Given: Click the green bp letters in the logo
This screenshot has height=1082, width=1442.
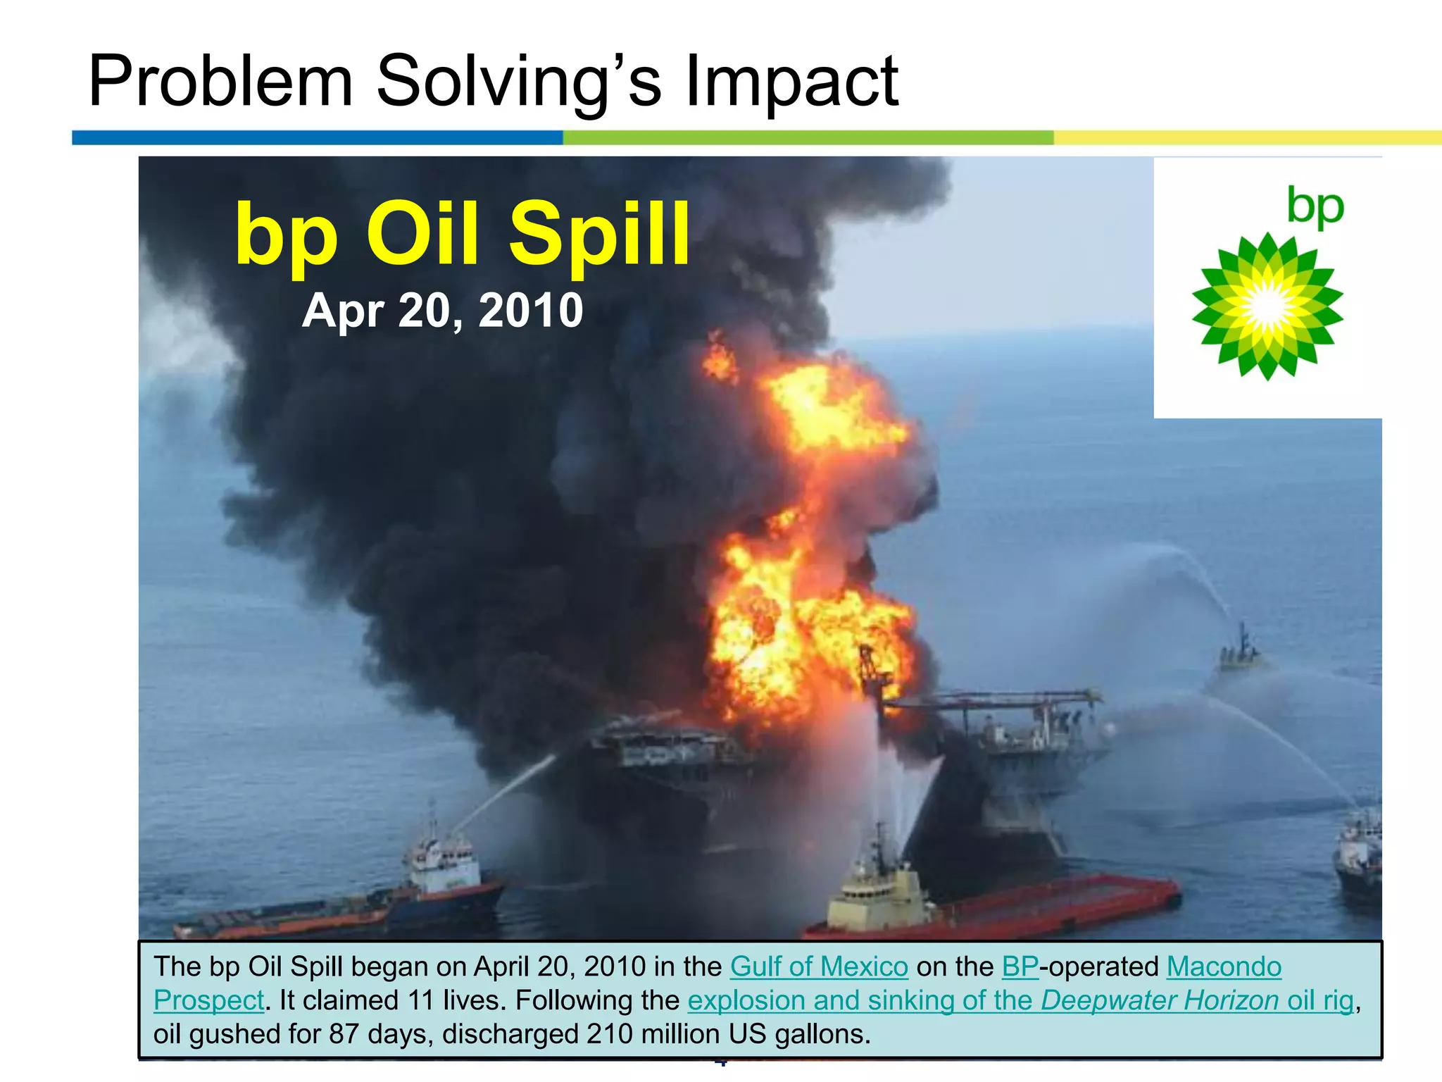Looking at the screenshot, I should pos(1315,206).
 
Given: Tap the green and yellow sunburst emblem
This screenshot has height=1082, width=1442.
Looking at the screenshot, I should pos(1267,307).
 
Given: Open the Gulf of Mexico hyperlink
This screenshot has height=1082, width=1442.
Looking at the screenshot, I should pos(818,966).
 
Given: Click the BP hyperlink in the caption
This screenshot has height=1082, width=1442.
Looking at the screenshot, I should pos(1020,966).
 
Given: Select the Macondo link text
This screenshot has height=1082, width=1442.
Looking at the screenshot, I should pos(1224,966).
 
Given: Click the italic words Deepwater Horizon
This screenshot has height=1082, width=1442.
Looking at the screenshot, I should pos(1159,1000).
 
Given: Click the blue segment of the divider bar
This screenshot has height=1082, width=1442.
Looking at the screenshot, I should pos(317,137).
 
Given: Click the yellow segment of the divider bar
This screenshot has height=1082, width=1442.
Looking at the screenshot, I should pos(1246,137).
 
